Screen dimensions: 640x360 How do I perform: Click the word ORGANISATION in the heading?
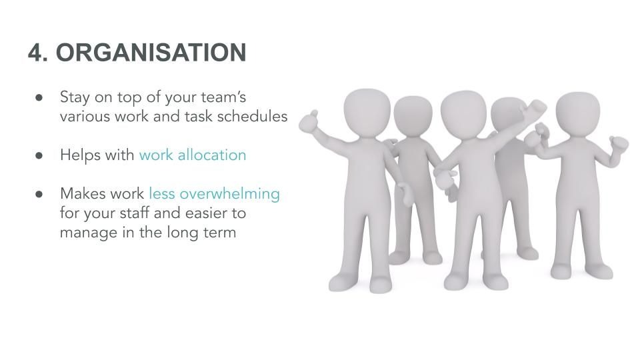[x=151, y=52]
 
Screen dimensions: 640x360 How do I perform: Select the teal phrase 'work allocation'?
[x=193, y=155]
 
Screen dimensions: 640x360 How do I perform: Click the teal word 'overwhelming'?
[x=230, y=194]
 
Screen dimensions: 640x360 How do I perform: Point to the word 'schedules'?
[x=252, y=116]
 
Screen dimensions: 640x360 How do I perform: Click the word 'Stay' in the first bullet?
[x=75, y=98]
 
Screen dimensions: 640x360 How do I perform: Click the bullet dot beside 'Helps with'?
[x=39, y=155]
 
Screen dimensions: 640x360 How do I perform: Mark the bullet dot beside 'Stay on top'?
[x=39, y=97]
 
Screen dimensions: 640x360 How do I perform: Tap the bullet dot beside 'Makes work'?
[x=39, y=194]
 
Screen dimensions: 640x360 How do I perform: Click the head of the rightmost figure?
[x=578, y=113]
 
